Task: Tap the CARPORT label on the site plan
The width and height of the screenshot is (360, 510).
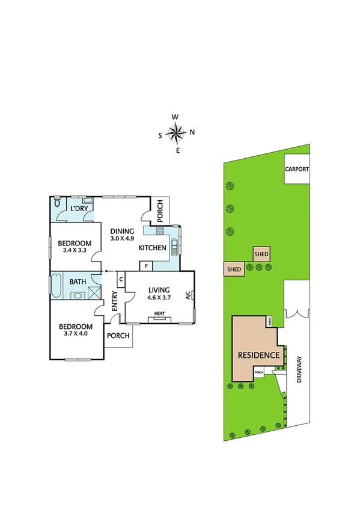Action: coord(296,170)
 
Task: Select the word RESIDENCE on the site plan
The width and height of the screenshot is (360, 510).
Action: coord(258,355)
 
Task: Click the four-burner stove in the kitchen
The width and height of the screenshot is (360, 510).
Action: coord(160,231)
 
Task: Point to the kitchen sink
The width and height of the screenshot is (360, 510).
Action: coord(174,246)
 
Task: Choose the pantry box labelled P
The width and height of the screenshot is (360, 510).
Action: coord(146,265)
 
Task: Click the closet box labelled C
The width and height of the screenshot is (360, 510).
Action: coord(120,278)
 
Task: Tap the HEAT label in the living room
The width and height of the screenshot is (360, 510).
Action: coord(159,313)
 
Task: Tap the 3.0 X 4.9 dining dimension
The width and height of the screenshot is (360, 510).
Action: coord(123,238)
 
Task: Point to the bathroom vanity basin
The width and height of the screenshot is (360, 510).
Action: coord(78,295)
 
